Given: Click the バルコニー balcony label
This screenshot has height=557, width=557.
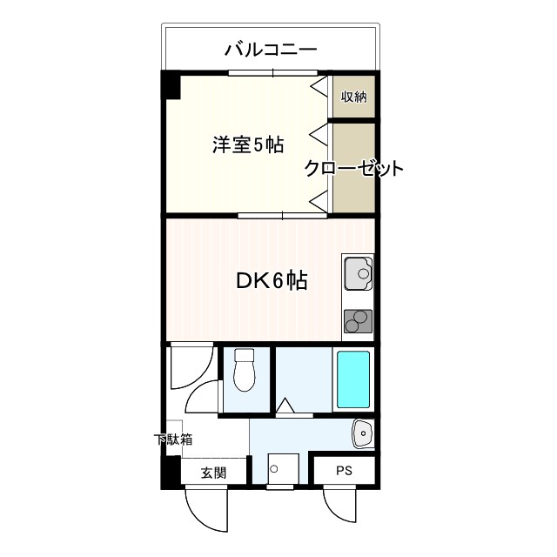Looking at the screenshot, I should pyautogui.click(x=271, y=49).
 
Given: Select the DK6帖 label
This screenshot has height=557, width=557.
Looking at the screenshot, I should pyautogui.click(x=272, y=281).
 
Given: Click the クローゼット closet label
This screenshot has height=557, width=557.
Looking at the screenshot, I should pyautogui.click(x=354, y=168).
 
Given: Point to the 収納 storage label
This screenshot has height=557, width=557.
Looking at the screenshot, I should pyautogui.click(x=354, y=97).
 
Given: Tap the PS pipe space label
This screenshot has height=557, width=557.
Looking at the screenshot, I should pyautogui.click(x=345, y=471).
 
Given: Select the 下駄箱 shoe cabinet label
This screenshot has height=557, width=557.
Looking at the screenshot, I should pyautogui.click(x=174, y=440).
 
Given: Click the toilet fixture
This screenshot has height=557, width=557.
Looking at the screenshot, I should pyautogui.click(x=245, y=372).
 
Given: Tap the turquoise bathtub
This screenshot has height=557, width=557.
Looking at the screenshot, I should pyautogui.click(x=352, y=379).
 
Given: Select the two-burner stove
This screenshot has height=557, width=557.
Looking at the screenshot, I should pyautogui.click(x=357, y=321).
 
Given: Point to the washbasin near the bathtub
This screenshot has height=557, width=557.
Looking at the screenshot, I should pyautogui.click(x=362, y=433).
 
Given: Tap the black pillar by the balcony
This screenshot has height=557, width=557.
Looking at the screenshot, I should pyautogui.click(x=170, y=85).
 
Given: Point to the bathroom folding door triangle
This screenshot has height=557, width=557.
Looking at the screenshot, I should pyautogui.click(x=286, y=405).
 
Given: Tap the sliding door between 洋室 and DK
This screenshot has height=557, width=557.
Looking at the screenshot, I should pyautogui.click(x=271, y=214).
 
